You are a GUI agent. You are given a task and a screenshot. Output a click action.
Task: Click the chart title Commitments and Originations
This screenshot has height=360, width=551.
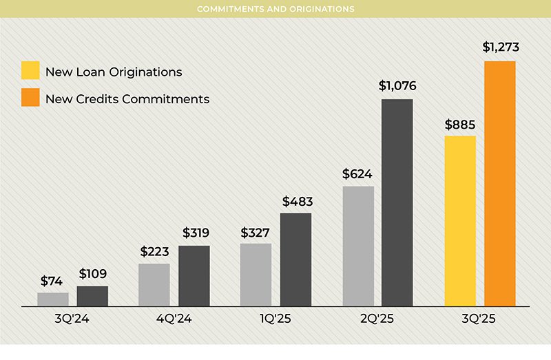point(275,9)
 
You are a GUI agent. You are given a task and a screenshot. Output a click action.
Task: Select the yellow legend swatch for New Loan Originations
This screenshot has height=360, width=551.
point(30,72)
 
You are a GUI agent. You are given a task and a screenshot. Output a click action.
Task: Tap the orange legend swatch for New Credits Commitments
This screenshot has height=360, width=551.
point(30,98)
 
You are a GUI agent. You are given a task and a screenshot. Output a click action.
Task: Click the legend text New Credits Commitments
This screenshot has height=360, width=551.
point(127,99)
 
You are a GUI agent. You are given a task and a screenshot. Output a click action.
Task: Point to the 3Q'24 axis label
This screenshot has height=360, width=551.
point(72,319)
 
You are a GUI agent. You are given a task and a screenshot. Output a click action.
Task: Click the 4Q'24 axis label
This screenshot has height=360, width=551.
point(174,319)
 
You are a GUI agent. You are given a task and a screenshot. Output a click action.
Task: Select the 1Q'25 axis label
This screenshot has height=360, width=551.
point(275,319)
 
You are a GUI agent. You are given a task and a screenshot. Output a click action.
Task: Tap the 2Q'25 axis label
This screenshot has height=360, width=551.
point(377,319)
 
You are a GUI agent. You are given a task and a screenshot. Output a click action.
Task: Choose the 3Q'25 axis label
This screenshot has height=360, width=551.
point(479,319)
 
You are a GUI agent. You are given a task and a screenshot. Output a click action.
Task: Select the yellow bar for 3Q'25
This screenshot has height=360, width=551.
point(460,221)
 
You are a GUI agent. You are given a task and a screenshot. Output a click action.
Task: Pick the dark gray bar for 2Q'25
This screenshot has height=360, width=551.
point(397,203)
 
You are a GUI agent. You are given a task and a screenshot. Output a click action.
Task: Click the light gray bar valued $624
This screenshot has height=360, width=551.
point(358,246)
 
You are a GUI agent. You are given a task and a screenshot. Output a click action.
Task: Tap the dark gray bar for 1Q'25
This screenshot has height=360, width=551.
point(295,260)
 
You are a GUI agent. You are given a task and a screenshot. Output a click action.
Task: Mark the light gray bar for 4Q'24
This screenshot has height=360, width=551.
point(154,285)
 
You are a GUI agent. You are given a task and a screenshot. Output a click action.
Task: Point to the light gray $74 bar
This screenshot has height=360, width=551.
point(53,299)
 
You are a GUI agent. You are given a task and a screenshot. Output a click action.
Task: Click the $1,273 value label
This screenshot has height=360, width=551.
point(500,47)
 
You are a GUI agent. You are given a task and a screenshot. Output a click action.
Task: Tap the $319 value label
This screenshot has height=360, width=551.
point(195,233)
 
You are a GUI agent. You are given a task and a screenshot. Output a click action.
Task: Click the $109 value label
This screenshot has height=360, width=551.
point(92,273)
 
